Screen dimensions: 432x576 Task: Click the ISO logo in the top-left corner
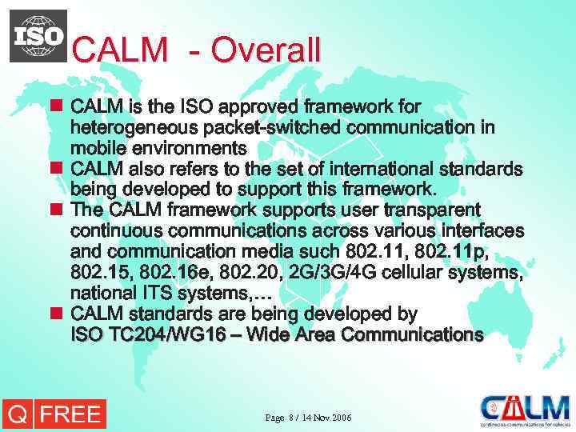pos(38,36)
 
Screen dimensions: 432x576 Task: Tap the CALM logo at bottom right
pos(526,410)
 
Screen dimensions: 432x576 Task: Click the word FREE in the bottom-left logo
pos(70,414)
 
